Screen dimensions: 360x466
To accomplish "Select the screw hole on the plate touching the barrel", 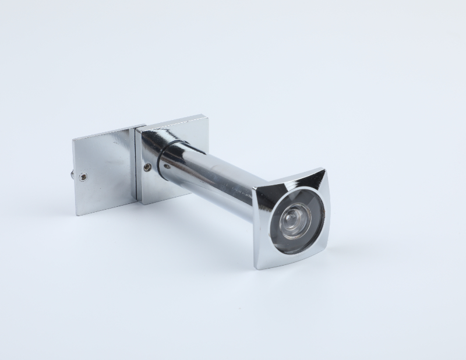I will coord(147,167).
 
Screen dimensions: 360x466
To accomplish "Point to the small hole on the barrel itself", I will coord(166,165).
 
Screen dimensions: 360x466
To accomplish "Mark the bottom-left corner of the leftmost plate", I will coord(76,215).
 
